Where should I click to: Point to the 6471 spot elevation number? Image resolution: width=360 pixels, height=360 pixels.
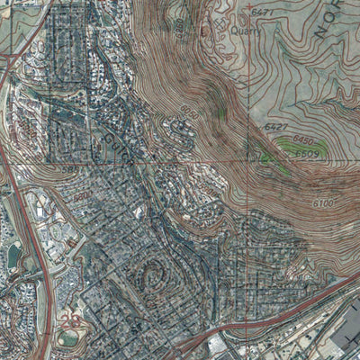tap(262, 12)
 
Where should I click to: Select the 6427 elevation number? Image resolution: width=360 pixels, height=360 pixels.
tap(274, 128)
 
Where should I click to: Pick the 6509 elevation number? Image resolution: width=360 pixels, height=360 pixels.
tap(310, 154)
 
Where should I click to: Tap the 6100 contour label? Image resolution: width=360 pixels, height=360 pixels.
tap(323, 205)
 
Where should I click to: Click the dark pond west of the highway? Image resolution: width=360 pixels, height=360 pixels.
tap(13, 256)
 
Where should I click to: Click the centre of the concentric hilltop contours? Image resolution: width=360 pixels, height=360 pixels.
tap(148, 271)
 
